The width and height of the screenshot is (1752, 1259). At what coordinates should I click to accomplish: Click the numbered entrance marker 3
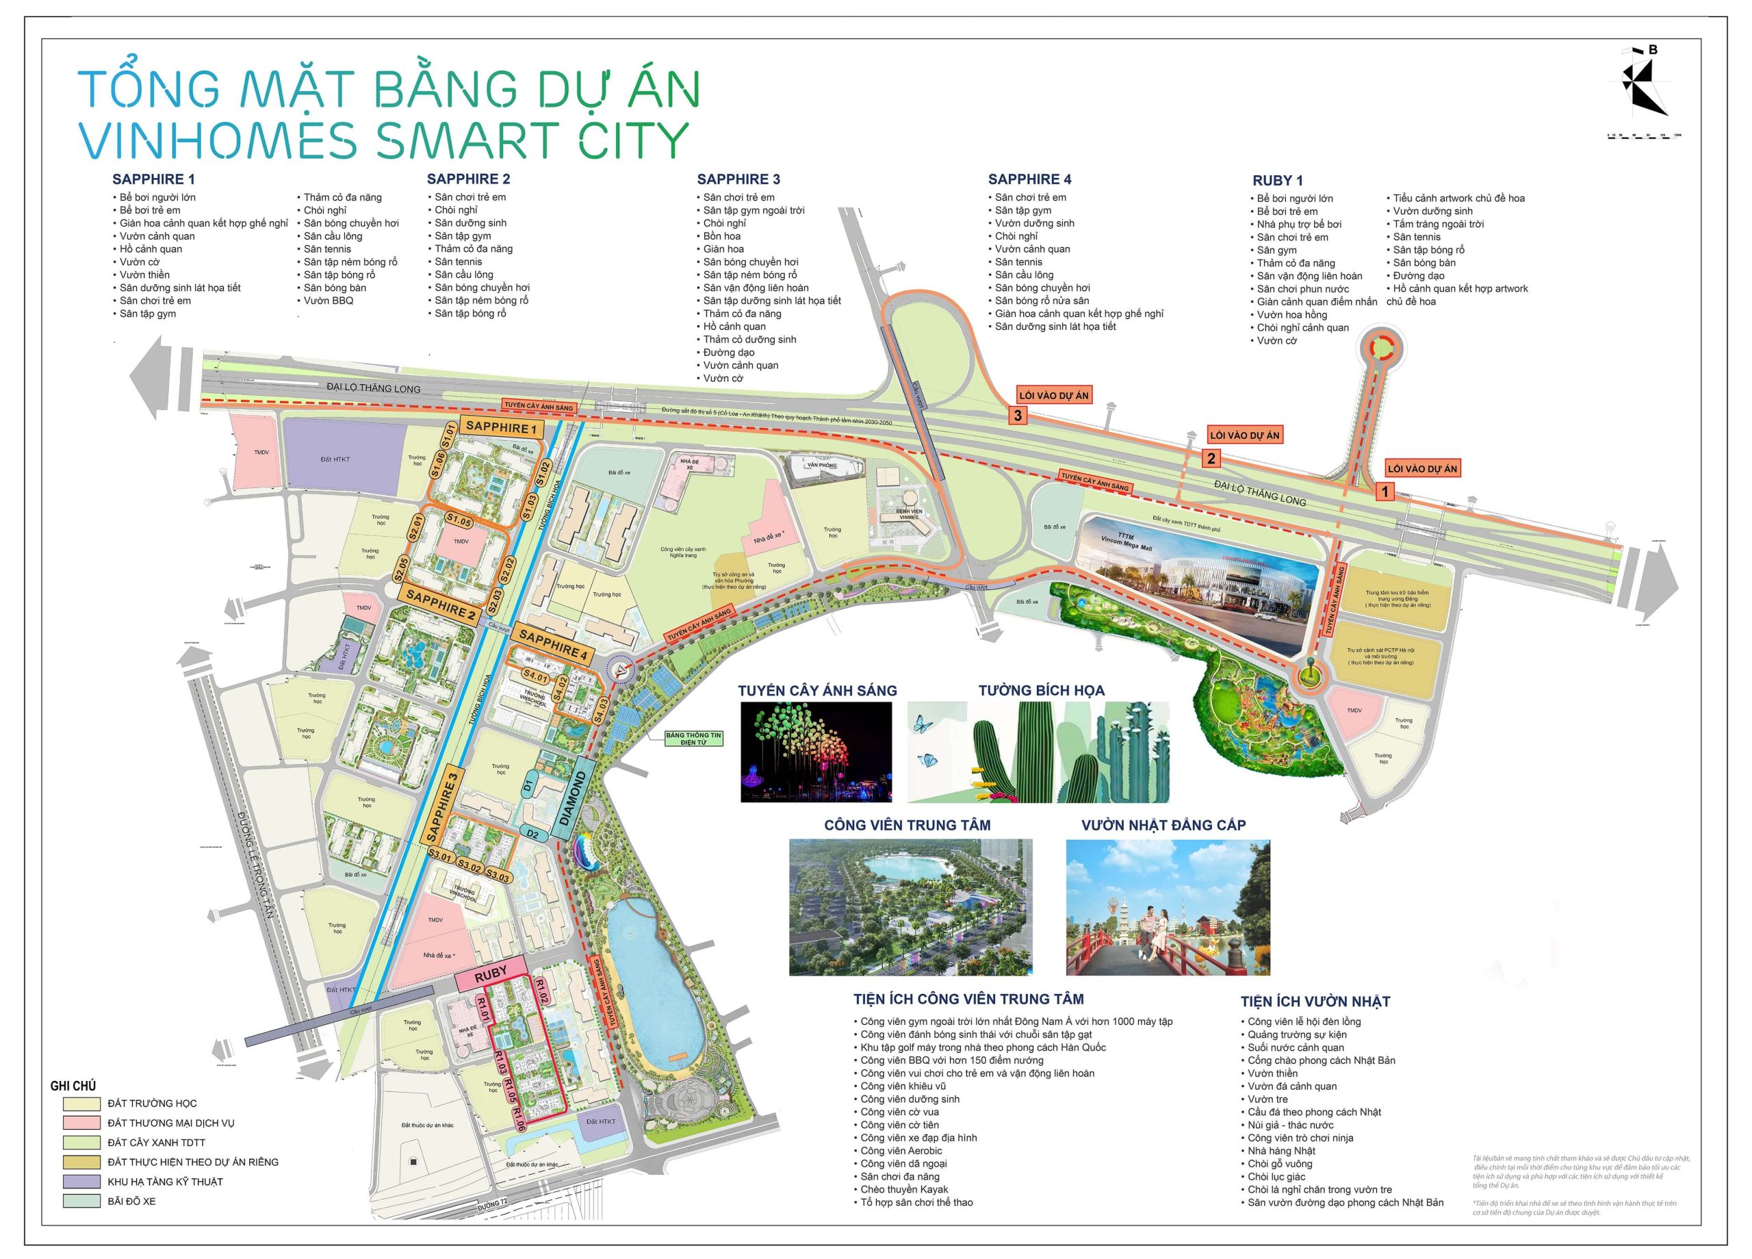pos(1018,416)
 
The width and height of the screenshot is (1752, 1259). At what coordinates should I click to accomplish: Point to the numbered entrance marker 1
pos(1384,492)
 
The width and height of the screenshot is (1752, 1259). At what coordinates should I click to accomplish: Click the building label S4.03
pos(600,709)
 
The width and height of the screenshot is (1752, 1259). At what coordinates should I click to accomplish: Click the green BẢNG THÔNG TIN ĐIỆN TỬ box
pos(694,739)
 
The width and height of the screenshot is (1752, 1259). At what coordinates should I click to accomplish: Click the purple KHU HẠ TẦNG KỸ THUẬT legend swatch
pos(82,1182)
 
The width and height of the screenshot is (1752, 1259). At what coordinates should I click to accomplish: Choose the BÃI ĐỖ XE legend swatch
pos(82,1201)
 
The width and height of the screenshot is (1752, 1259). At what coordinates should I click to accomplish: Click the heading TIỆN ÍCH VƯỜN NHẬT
pos(1315,1002)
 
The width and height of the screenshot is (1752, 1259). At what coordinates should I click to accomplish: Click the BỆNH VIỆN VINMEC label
pos(908,514)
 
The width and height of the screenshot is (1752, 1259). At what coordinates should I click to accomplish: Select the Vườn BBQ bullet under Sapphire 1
pos(328,301)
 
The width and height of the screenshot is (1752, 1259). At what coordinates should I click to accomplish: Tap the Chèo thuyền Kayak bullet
pos(904,1189)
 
